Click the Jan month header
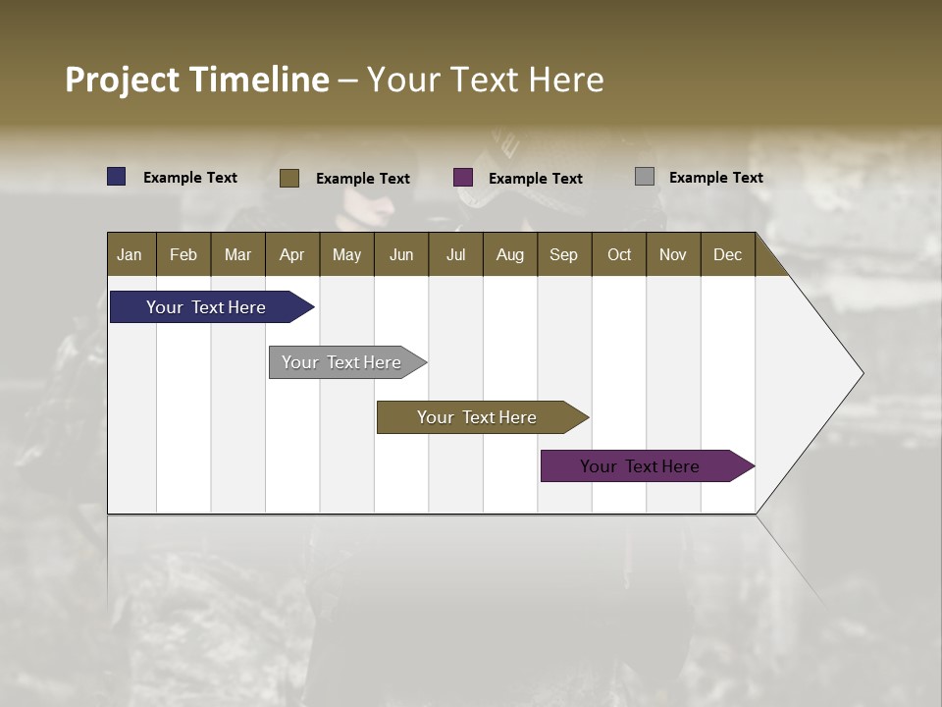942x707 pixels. tap(131, 254)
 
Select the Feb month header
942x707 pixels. tap(183, 254)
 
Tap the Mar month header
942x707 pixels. tap(237, 254)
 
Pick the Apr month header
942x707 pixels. tap(292, 254)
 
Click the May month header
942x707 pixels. tap(346, 254)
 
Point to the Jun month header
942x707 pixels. tap(401, 254)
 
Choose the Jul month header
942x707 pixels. tap(455, 254)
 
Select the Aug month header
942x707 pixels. tap(510, 254)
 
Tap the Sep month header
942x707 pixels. tap(564, 254)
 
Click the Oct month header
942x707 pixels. tap(619, 254)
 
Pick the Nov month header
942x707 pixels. tap(673, 254)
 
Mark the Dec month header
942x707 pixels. tap(728, 254)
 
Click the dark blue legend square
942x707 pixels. tap(117, 177)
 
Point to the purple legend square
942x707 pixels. tap(463, 178)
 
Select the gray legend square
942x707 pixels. tap(645, 177)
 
